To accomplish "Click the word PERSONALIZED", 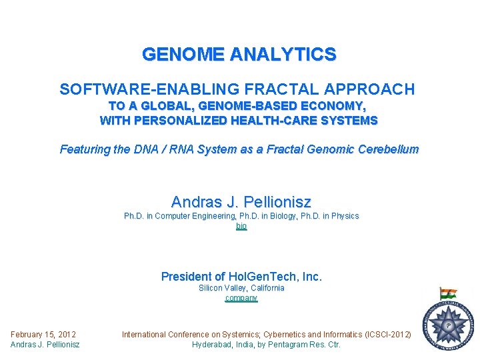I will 181,121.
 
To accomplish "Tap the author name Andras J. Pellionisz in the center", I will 241,201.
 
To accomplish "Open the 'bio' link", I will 241,227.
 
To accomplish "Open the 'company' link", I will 241,298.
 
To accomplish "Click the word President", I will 193,276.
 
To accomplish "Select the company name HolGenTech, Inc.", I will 275,276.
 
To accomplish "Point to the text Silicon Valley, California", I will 241,288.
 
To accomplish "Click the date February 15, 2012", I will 43,334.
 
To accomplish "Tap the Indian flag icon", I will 448,293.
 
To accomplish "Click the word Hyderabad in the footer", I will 214,345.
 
